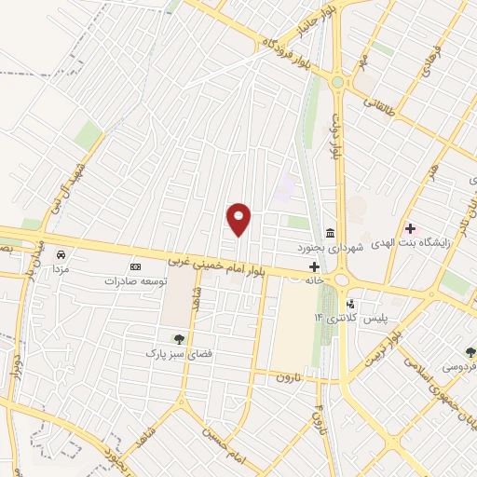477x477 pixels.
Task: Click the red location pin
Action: click(x=239, y=219)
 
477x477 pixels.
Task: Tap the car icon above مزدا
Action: click(x=61, y=253)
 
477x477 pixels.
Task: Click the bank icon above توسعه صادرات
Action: click(x=134, y=266)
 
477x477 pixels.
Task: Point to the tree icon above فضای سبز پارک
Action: click(x=178, y=339)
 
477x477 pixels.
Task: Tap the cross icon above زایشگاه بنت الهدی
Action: click(x=411, y=228)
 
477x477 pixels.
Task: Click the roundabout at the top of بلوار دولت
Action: click(x=337, y=82)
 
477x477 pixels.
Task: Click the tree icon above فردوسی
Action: click(x=470, y=352)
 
